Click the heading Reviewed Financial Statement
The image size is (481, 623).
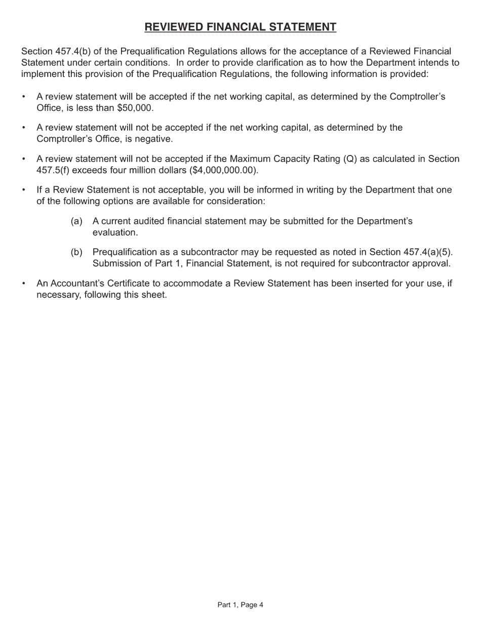click(240, 27)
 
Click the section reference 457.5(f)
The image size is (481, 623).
click(53, 170)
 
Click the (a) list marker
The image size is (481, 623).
click(76, 221)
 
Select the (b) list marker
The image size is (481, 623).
click(76, 252)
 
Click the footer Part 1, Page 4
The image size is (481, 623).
click(240, 605)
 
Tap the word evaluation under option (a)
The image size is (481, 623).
click(114, 232)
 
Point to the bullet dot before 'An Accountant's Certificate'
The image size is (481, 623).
click(24, 284)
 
